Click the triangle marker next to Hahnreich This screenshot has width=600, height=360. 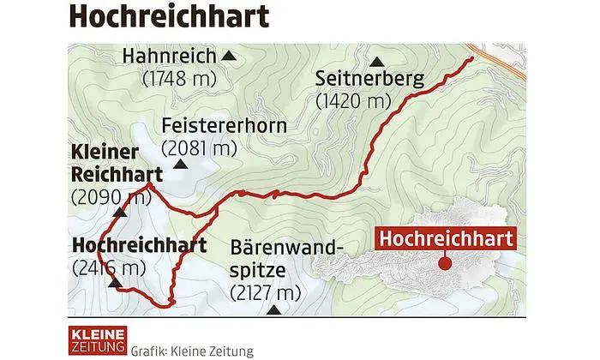[x=229, y=57]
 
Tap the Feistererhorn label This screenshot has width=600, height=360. [x=224, y=126]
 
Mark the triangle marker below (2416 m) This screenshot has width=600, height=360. [x=114, y=285]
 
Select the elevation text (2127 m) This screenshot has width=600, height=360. [x=267, y=293]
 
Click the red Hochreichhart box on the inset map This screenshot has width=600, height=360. [x=446, y=237]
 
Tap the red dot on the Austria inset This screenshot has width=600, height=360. [x=445, y=263]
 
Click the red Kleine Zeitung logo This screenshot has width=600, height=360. [x=97, y=339]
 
